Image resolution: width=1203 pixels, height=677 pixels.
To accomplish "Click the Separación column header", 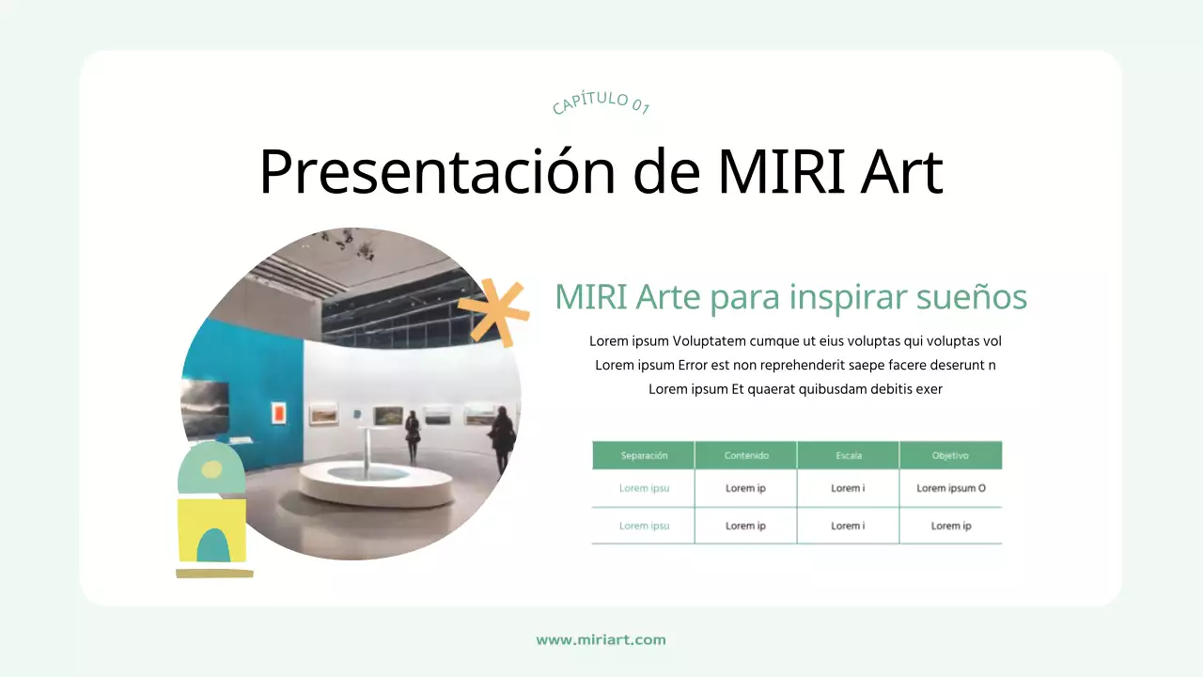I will tap(644, 455).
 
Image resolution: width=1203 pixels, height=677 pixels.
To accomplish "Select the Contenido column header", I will tap(746, 455).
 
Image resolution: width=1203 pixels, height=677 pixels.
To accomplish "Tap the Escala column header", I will tap(848, 455).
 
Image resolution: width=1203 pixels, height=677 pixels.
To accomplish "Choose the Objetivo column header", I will tap(950, 455).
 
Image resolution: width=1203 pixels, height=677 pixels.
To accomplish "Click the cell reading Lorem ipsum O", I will tap(950, 488).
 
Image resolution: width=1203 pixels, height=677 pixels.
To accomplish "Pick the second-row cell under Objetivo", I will tap(950, 526).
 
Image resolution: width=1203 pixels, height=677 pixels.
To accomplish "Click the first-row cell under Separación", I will tap(644, 488).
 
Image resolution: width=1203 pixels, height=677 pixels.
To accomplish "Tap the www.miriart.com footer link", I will tap(601, 639).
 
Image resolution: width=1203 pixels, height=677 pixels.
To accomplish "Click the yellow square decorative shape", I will tap(211, 530).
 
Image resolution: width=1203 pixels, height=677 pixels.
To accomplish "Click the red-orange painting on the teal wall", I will tap(278, 412).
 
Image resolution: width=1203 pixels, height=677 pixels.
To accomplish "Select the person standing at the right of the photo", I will tap(502, 436).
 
